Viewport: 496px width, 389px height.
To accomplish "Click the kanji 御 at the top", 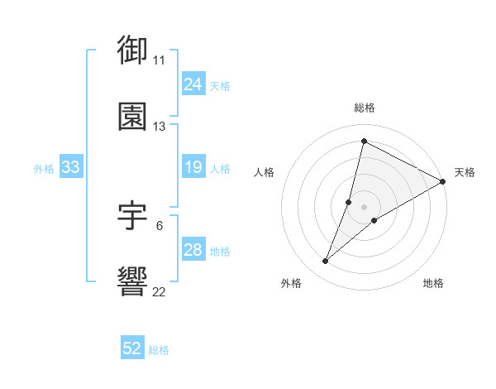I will pos(133,50).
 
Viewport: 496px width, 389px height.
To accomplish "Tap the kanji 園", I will pos(133,117).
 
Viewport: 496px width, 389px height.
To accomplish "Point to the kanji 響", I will pos(133,282).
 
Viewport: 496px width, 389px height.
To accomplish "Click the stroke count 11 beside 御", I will pos(159,60).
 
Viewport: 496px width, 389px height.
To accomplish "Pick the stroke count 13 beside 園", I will pos(159,127).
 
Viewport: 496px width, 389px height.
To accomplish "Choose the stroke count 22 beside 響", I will pos(159,292).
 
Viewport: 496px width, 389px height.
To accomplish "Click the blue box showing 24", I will pos(193,84).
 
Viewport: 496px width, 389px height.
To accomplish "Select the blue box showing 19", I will pos(193,167).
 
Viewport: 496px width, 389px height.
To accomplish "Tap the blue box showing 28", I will pos(193,250).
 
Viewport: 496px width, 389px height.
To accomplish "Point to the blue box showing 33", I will pos(70,167).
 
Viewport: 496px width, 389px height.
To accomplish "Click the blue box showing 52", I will pos(132,348).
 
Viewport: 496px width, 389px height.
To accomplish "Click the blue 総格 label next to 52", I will pos(159,350).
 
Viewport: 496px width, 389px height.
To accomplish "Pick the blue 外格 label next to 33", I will pos(44,169).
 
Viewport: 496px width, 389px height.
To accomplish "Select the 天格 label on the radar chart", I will pos(465,172).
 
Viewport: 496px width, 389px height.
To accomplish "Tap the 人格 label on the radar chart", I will pos(264,172).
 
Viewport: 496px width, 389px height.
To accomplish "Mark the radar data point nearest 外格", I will pos(326,262).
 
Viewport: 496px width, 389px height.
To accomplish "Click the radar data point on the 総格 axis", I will pos(364,140).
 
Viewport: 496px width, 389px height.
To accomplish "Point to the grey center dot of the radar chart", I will pos(364,207).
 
